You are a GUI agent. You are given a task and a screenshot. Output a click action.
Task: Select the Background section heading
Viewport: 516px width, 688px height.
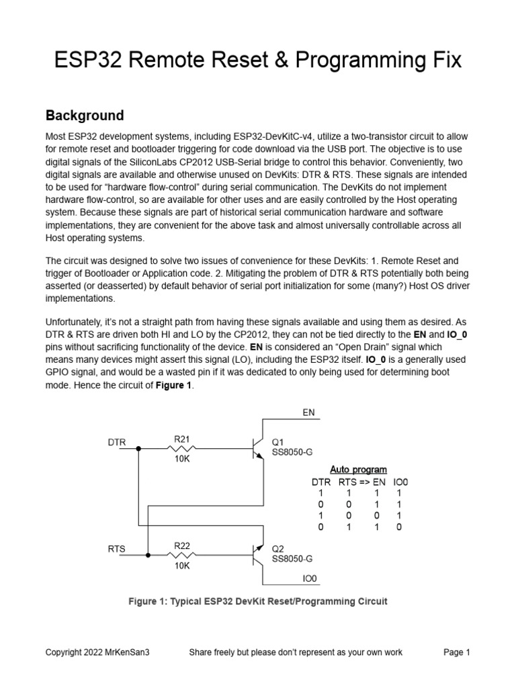click(x=84, y=115)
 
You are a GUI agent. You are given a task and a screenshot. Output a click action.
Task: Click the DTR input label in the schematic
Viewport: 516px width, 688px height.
click(x=117, y=443)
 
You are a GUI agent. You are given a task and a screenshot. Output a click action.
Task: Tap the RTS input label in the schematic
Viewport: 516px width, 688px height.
click(x=117, y=549)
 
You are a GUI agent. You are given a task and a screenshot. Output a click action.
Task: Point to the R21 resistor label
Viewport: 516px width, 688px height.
click(x=183, y=439)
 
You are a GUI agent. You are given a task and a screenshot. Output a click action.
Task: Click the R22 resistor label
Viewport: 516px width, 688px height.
click(x=183, y=546)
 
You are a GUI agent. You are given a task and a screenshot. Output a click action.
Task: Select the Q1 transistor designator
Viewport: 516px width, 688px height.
click(x=277, y=442)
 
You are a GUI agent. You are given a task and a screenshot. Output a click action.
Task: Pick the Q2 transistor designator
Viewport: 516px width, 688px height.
click(x=277, y=548)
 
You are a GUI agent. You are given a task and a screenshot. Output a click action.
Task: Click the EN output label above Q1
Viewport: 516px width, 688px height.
click(x=309, y=412)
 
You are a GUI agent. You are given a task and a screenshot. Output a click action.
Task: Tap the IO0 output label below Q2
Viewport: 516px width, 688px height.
click(x=310, y=578)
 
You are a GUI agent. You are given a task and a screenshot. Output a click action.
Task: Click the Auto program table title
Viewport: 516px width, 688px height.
click(x=358, y=469)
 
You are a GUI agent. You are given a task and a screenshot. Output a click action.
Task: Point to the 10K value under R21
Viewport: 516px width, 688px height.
click(x=183, y=460)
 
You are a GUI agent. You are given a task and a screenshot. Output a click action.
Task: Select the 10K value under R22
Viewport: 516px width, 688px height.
click(x=183, y=566)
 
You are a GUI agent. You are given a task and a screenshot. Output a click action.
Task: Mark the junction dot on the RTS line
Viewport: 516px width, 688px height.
click(x=148, y=554)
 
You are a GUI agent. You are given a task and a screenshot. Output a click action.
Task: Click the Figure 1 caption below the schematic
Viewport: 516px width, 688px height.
click(x=257, y=601)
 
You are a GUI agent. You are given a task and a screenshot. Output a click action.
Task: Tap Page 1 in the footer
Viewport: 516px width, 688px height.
click(x=456, y=652)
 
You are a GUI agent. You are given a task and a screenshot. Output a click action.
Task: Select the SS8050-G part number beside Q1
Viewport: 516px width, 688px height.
click(x=292, y=452)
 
